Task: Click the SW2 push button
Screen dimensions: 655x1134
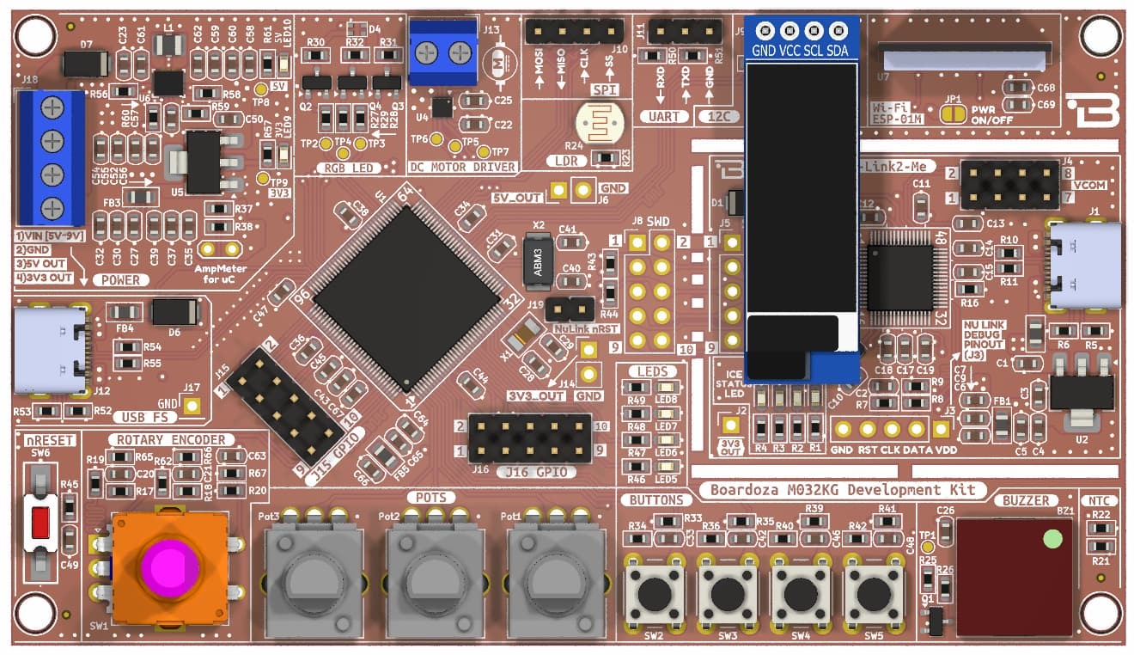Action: click(655, 591)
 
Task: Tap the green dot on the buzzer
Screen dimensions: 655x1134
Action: click(1052, 540)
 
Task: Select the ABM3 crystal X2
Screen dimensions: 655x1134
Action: click(538, 260)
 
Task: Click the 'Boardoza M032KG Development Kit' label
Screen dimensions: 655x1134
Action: click(842, 490)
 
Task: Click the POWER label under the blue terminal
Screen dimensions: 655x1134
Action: click(120, 280)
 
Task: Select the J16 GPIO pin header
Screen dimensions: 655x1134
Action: click(529, 438)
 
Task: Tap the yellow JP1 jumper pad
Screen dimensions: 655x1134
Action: click(952, 114)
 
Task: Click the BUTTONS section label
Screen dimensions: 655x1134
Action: click(655, 499)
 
